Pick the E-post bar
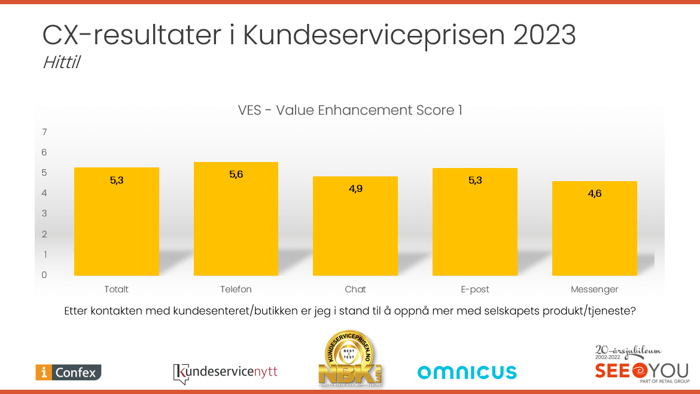pyautogui.click(x=475, y=222)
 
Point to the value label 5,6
pyautogui.click(x=236, y=174)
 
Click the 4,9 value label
pyautogui.click(x=355, y=188)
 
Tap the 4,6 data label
pyautogui.click(x=594, y=193)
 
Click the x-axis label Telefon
pyautogui.click(x=236, y=289)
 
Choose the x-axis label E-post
pyautogui.click(x=475, y=289)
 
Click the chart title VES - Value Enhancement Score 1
pyautogui.click(x=350, y=111)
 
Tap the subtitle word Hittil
pyautogui.click(x=61, y=63)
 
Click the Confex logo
pyautogui.click(x=68, y=372)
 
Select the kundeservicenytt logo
pyautogui.click(x=226, y=372)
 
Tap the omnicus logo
pyautogui.click(x=467, y=372)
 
